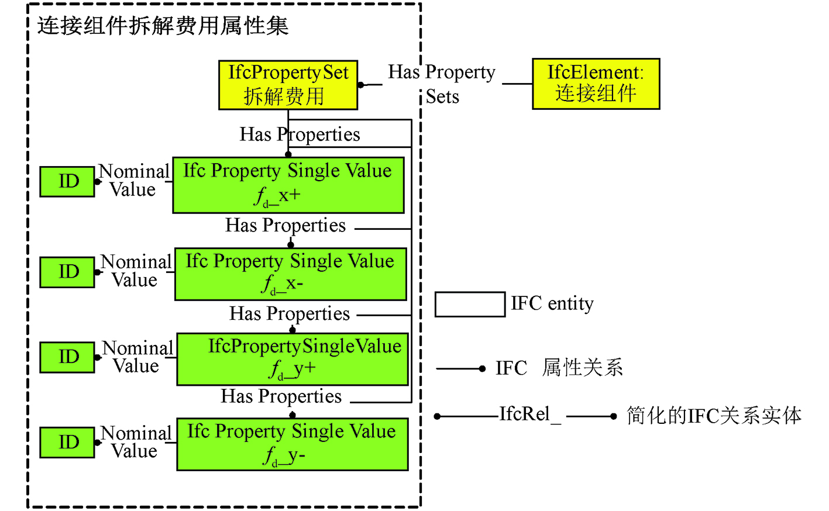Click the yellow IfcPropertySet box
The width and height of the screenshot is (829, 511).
[288, 85]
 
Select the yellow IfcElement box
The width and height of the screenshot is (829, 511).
[596, 84]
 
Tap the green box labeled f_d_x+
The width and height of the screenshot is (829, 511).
[288, 185]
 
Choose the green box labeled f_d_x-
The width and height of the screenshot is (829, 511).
[291, 274]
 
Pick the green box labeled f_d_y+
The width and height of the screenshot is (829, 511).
[293, 359]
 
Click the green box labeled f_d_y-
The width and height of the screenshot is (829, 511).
[293, 444]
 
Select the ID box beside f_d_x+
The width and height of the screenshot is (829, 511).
[67, 181]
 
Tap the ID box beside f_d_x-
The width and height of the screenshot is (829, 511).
[67, 272]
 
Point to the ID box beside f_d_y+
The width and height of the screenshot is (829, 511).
[67, 357]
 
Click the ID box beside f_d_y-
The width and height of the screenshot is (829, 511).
[67, 442]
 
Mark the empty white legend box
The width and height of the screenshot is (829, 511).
[470, 304]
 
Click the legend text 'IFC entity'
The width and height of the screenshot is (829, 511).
[552, 303]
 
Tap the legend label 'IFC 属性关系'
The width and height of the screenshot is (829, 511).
[559, 368]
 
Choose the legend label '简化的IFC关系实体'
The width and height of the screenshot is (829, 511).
[714, 416]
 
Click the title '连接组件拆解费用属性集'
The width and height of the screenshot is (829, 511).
[163, 26]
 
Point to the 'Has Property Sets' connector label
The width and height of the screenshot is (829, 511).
[442, 84]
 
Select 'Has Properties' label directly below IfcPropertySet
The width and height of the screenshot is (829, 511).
[300, 134]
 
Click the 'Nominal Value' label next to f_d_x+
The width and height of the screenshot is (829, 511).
[133, 180]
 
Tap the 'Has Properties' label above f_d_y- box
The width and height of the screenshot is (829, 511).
[281, 396]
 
